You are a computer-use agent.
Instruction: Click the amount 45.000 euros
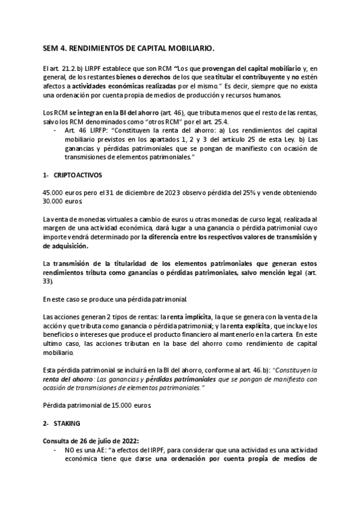56,192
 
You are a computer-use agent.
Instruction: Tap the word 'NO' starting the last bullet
69,450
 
